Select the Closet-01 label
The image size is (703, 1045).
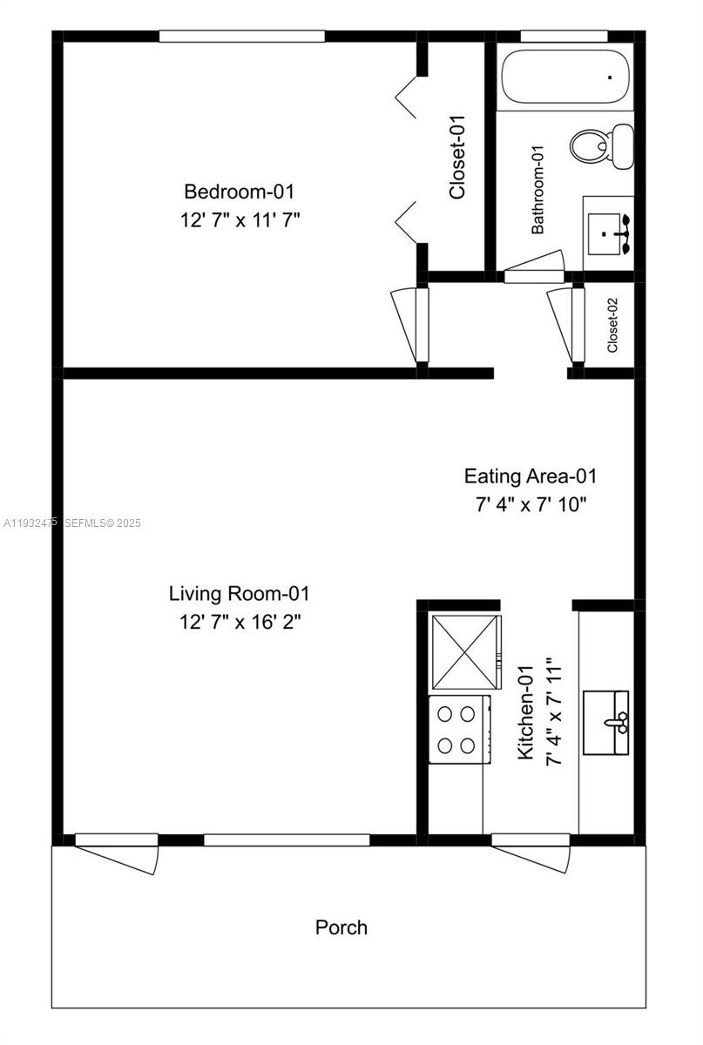[x=458, y=158]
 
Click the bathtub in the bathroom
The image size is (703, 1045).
[x=564, y=79]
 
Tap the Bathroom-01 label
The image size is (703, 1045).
[x=537, y=190]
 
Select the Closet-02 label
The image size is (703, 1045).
[x=612, y=325]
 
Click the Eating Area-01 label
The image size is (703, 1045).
[x=530, y=476]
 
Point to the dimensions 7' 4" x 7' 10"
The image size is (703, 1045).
[x=530, y=505]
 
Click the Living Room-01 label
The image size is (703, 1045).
[x=239, y=594]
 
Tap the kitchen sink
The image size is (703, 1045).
[x=617, y=722]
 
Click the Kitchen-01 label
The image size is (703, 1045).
[x=526, y=712]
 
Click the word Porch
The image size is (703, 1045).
[x=341, y=927]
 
